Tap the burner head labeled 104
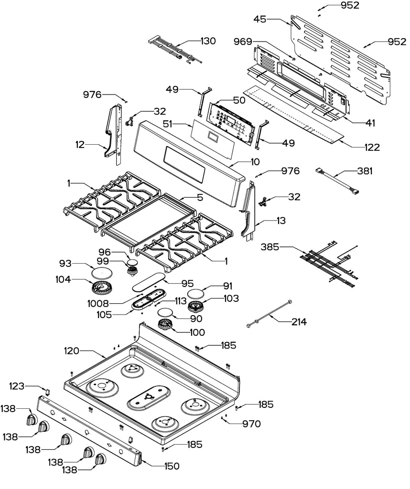point(101,288)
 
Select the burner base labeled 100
point(165,325)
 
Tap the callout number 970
point(251,424)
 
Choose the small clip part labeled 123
point(48,391)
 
